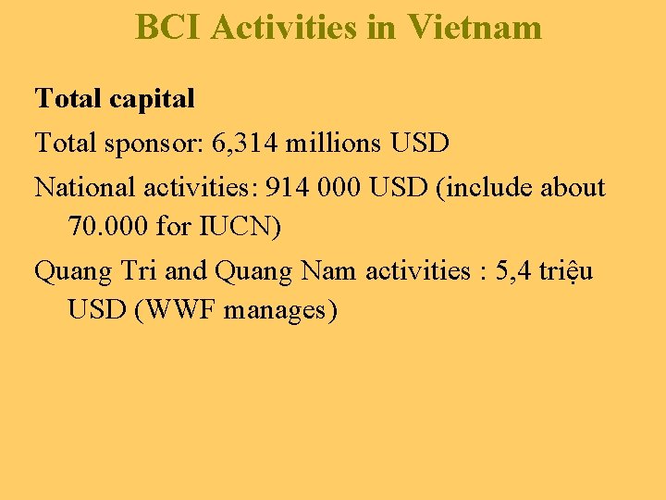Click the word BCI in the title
pyautogui.click(x=168, y=28)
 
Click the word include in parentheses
pyautogui.click(x=489, y=188)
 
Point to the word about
pyautogui.click(x=572, y=188)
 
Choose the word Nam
pyautogui.click(x=334, y=270)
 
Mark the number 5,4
pyautogui.click(x=513, y=270)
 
